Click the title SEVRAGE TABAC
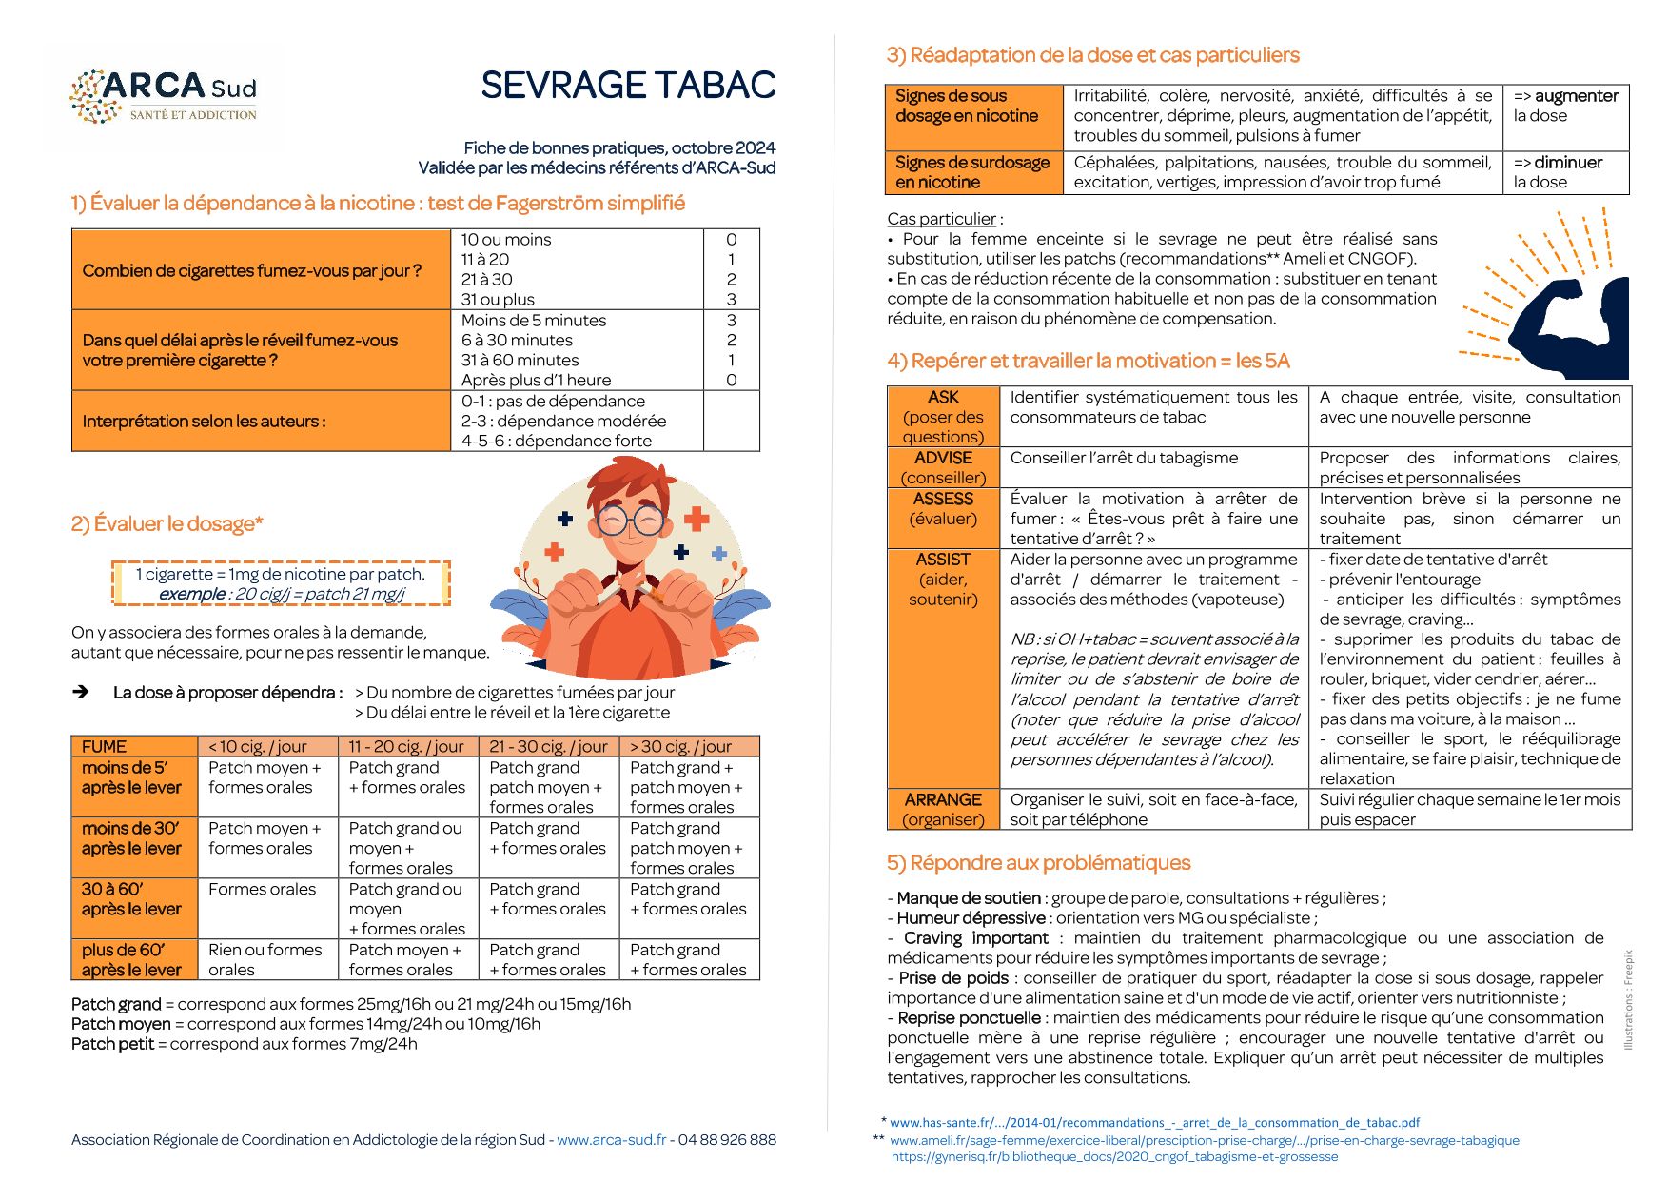point(628,86)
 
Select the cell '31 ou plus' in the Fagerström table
point(498,300)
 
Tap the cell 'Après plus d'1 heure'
point(536,381)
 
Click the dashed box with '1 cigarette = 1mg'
point(281,583)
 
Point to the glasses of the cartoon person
point(632,520)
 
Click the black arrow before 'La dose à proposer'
point(81,692)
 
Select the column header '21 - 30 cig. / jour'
point(548,747)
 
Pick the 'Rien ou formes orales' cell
point(265,959)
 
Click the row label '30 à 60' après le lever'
point(131,899)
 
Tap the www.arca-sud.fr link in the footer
point(611,1140)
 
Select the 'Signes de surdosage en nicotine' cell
point(972,172)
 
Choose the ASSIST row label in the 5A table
point(943,579)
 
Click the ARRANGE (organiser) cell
point(943,810)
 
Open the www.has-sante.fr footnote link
point(1154,1123)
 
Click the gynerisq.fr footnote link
point(1114,1157)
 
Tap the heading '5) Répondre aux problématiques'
point(1038,863)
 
